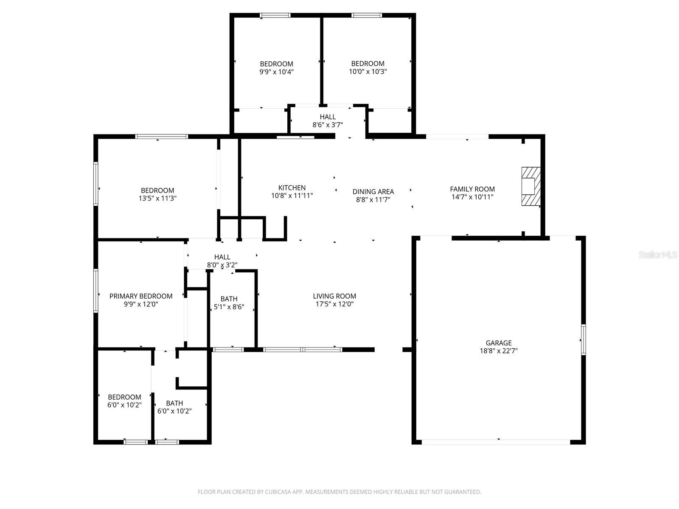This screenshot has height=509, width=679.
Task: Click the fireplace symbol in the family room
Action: click(531, 187)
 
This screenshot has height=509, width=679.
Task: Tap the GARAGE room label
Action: click(499, 343)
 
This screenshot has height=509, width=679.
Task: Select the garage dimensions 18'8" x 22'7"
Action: click(499, 351)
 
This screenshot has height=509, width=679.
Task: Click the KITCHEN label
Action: click(292, 187)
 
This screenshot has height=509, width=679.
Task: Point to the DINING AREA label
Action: click(373, 192)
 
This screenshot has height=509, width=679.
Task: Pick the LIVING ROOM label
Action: click(334, 296)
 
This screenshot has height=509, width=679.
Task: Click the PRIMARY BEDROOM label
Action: click(141, 296)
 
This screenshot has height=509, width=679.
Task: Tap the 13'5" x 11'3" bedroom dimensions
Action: click(157, 198)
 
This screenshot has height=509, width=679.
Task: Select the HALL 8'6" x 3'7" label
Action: click(328, 121)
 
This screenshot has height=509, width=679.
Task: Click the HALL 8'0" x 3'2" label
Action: click(222, 261)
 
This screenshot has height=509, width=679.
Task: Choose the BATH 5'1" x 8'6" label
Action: click(229, 303)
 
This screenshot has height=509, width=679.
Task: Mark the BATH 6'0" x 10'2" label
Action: click(174, 407)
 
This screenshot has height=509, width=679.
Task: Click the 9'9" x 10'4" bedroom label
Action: click(277, 68)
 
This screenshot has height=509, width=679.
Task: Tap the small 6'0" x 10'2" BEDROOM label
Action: click(124, 401)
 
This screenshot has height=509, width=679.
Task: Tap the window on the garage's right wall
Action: click(584, 339)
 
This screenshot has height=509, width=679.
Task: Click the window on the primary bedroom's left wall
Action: click(96, 291)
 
